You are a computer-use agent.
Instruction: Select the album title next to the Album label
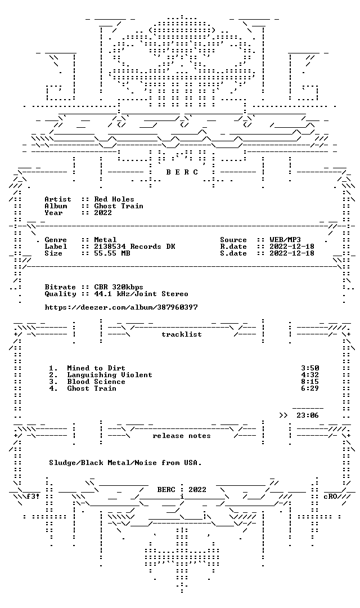point(119,206)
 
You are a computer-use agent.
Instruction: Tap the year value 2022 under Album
point(103,212)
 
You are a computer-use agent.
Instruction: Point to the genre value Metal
point(105,240)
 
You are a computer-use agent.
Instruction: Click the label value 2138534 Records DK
point(134,247)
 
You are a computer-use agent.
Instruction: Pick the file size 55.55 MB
point(112,253)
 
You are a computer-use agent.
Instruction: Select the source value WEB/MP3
point(285,240)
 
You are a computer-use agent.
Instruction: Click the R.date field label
point(233,247)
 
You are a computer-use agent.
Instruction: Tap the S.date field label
point(233,253)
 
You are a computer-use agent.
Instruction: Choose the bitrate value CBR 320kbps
point(119,287)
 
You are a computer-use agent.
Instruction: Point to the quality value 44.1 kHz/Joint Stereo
point(141,294)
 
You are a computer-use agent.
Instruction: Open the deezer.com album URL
point(121,307)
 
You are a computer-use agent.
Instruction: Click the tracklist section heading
point(182,334)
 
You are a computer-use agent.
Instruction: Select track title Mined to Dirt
point(96,368)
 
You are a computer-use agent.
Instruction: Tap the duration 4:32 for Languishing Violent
point(310,375)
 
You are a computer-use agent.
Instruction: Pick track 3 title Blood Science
point(96,382)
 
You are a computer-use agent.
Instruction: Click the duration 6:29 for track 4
point(310,388)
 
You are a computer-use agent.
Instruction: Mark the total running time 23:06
point(308,415)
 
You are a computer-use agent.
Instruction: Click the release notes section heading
point(182,436)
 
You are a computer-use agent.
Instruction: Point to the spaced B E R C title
point(182,172)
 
